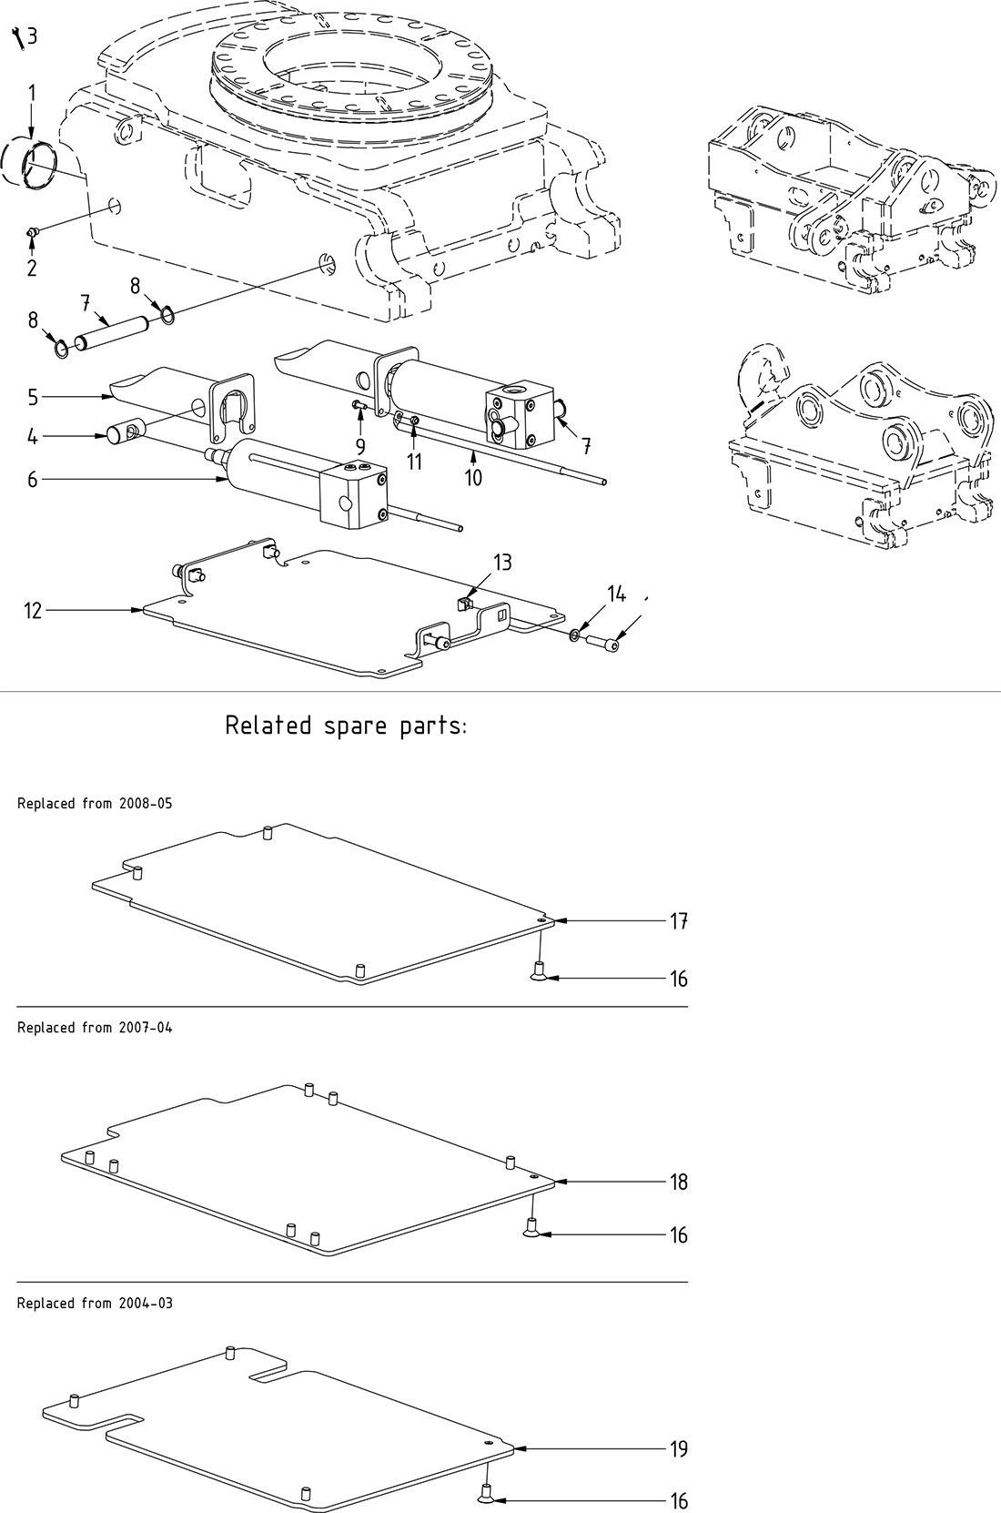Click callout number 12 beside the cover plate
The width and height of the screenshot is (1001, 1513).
[x=33, y=611]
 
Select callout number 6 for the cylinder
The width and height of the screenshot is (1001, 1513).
[x=33, y=479]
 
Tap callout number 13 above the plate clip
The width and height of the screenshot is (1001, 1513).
[x=503, y=563]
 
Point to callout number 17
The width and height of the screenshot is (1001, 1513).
[x=678, y=921]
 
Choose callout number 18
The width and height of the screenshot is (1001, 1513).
[x=678, y=1182]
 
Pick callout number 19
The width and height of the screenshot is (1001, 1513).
[x=678, y=1448]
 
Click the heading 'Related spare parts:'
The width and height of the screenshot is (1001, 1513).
[x=346, y=726]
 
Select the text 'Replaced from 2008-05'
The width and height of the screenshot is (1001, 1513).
[x=95, y=804]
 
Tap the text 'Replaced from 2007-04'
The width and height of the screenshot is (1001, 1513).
[x=95, y=1028]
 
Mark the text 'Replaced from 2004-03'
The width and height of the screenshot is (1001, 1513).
[x=95, y=1304]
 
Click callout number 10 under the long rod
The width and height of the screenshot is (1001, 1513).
[x=473, y=477]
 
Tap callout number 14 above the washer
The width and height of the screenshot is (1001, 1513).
[x=616, y=594]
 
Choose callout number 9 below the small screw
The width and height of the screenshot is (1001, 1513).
[x=360, y=446]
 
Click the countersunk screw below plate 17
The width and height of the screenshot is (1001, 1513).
[x=539, y=975]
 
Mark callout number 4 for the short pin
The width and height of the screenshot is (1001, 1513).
[x=33, y=437]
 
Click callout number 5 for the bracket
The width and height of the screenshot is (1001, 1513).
[x=33, y=397]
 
